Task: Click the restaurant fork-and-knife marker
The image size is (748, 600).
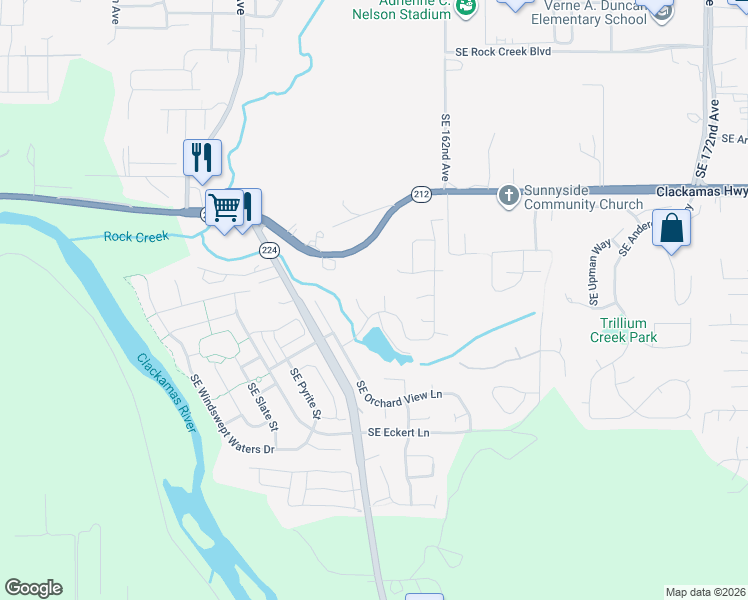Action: pos(202,157)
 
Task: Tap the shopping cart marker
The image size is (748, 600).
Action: pos(225,208)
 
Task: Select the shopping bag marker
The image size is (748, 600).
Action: pos(673,228)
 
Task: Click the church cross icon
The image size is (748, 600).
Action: pos(508,195)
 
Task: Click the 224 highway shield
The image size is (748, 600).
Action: pos(268,250)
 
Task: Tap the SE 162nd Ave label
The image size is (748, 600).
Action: pos(446,148)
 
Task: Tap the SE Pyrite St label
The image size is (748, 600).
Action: pos(305,393)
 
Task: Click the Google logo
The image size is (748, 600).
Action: pos(33,588)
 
